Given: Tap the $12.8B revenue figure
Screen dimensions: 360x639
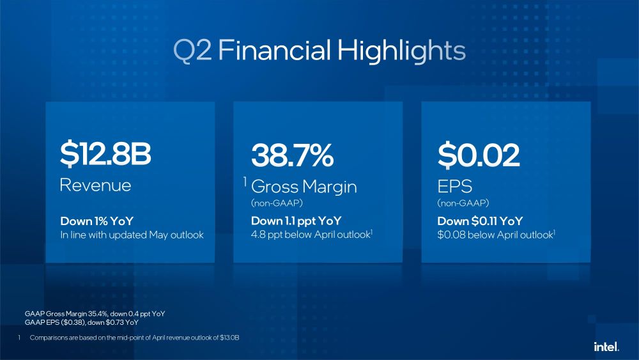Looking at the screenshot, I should tap(105, 154).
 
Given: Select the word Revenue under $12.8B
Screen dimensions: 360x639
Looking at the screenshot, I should tap(95, 185).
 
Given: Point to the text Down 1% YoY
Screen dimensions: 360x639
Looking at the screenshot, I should tap(97, 221).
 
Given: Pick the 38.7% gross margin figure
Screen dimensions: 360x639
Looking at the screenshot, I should tap(293, 154).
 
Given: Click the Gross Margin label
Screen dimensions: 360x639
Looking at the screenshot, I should tap(304, 187).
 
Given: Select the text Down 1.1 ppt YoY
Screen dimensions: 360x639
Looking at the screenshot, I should tap(296, 221).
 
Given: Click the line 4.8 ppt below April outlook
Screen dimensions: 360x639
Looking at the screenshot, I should tap(311, 235).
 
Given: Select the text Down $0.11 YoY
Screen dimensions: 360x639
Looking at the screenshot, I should tap(480, 221).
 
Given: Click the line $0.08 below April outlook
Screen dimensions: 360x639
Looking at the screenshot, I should tap(495, 235).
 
